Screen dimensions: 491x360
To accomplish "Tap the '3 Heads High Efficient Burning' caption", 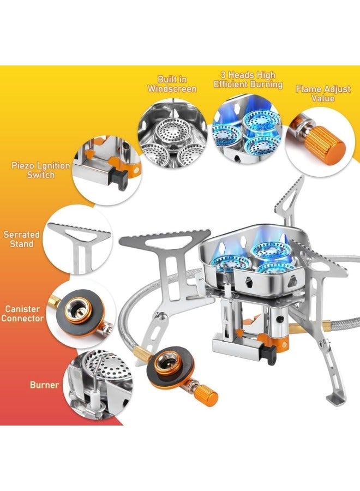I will [x=248, y=80].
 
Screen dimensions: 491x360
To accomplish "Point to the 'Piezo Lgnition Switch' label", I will [x=41, y=170].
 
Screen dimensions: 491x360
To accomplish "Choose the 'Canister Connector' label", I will [x=22, y=313].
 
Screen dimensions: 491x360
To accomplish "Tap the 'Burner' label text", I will [x=44, y=385].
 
